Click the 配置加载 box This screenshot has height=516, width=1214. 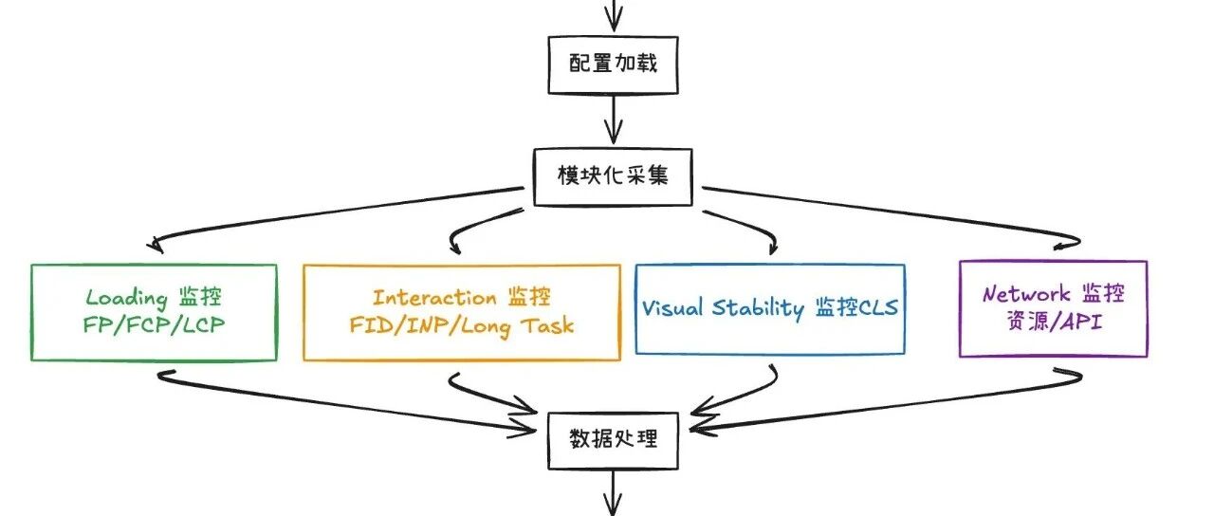pos(613,65)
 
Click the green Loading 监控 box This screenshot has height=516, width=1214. pos(154,312)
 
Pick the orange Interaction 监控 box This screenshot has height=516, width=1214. pos(462,312)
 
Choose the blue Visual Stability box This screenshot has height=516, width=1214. pos(769,308)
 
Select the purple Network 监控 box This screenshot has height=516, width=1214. pos(1053,308)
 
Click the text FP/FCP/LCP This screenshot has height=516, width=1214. pos(154,325)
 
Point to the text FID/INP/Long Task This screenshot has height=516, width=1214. pos(462,325)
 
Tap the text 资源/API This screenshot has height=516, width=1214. pos(1053,322)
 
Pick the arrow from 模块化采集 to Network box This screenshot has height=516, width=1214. pos(901,211)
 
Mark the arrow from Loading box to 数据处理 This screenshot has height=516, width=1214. pos(341,398)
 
